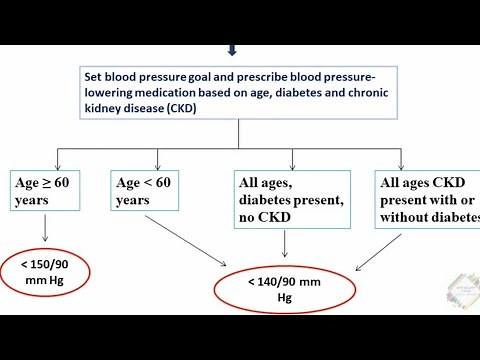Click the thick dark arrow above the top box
click(x=233, y=48)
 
